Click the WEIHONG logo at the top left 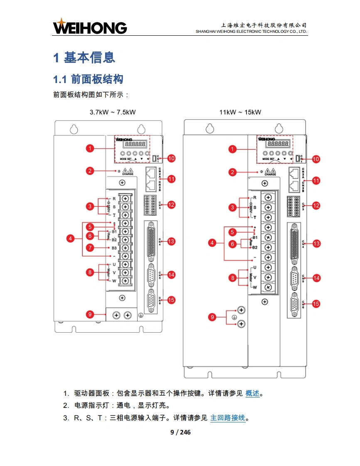point(89,27)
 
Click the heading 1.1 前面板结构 point(88,79)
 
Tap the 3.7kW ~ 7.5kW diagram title point(113,112)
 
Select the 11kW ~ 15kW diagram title point(240,112)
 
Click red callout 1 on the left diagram point(90,148)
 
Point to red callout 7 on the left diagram point(90,248)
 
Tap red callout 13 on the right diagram point(316,243)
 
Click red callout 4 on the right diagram point(212,243)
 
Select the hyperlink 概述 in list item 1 point(252,393)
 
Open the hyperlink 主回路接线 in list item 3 point(228,418)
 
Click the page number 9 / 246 point(180,432)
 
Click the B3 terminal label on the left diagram point(114,248)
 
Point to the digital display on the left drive point(134,144)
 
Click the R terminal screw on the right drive point(268,197)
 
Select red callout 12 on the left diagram point(171,204)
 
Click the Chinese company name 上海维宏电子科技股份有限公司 point(264,25)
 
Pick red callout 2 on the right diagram point(233,172)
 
